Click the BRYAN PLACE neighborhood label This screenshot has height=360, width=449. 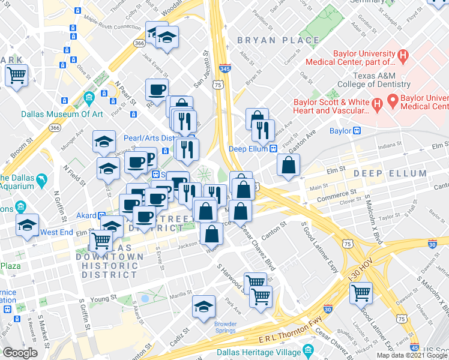[x=278, y=40]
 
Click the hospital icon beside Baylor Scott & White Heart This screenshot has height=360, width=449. [x=378, y=105]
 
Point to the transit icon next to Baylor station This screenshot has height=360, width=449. [x=357, y=130]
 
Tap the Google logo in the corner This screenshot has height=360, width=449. [x=20, y=353]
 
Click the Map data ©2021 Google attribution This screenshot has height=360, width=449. [x=412, y=355]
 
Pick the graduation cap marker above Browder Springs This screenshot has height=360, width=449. [x=203, y=307]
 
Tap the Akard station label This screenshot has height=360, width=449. [x=86, y=214]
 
